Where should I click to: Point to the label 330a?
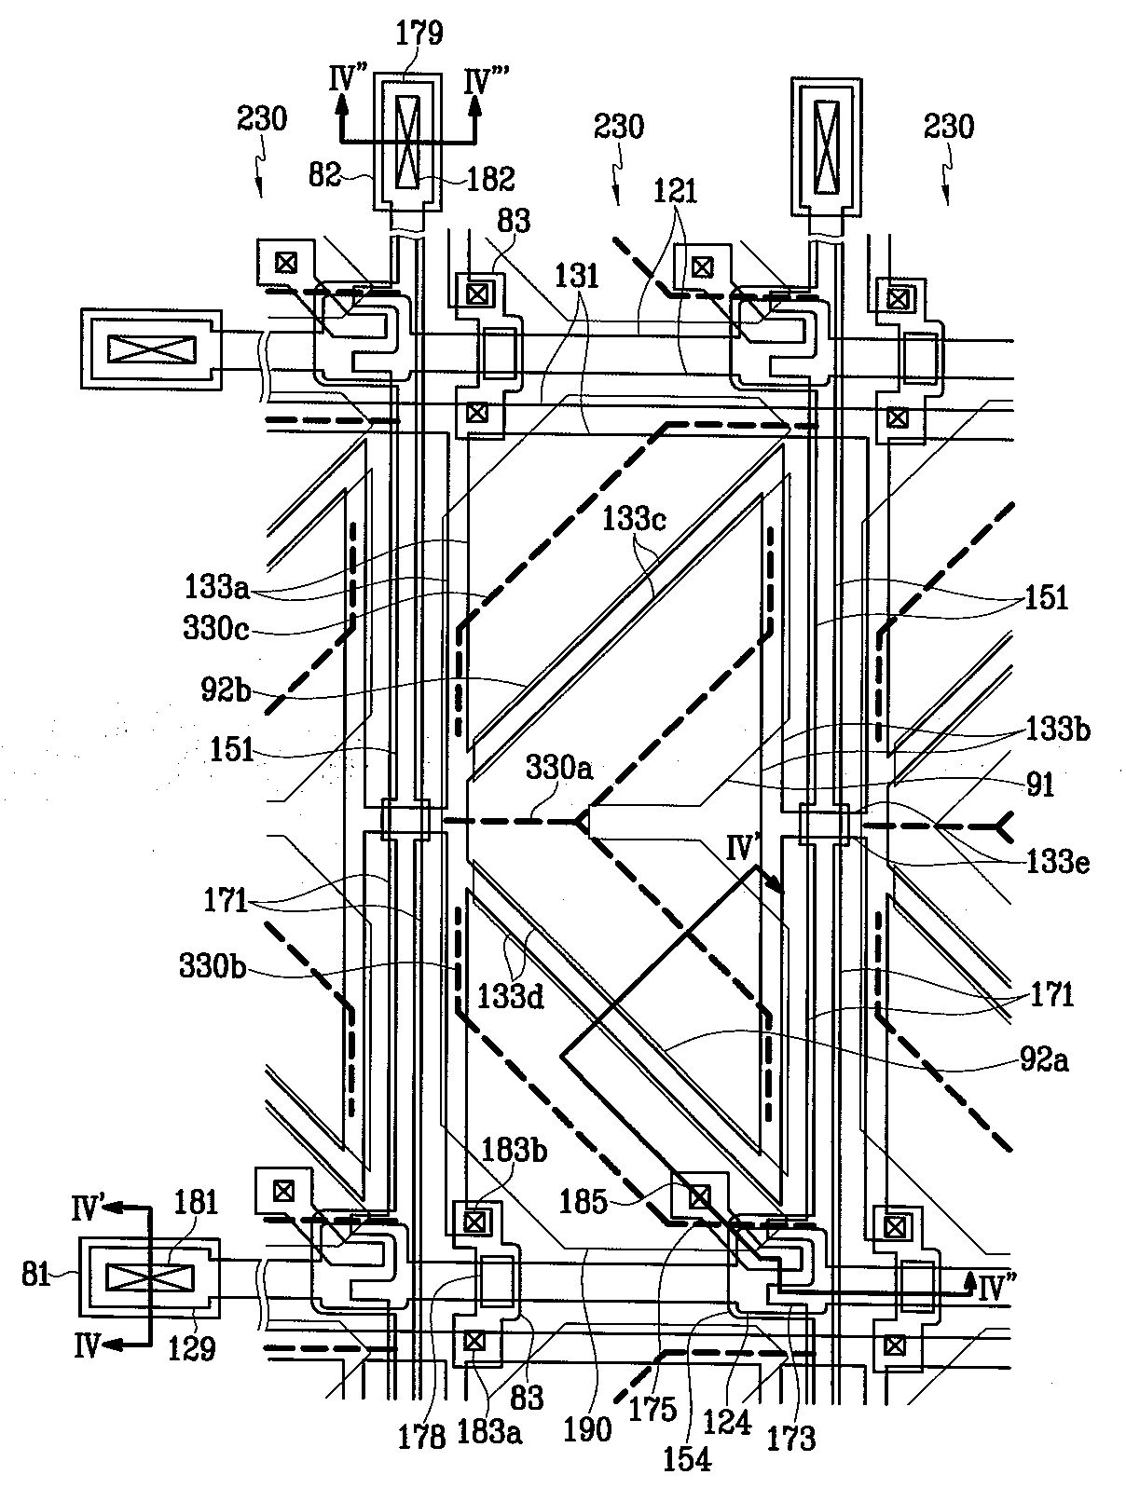tap(559, 768)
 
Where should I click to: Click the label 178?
tap(422, 1438)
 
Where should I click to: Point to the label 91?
tap(1039, 784)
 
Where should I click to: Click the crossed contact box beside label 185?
tap(698, 1195)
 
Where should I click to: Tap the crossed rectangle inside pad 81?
tap(149, 1277)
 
